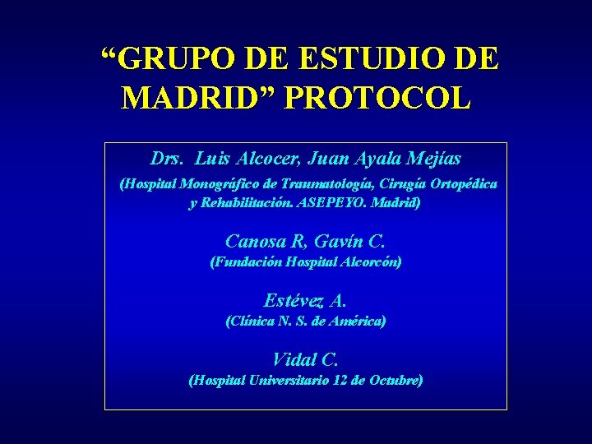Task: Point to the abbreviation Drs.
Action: (x=169, y=157)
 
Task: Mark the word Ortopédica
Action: (x=463, y=184)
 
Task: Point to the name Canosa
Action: (x=252, y=242)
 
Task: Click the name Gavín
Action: (x=341, y=242)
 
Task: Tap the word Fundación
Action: (x=248, y=262)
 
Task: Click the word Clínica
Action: (x=250, y=321)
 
